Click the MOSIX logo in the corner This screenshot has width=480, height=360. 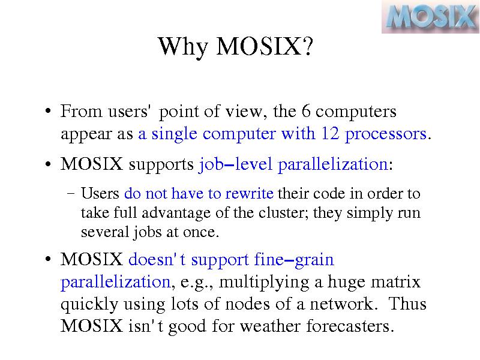pos(430,17)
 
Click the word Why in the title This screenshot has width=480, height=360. pos(183,47)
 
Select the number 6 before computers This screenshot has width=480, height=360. pos(306,111)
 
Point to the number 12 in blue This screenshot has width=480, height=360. pos(330,133)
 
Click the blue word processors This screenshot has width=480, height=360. pos(386,134)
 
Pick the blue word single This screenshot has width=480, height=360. pos(174,134)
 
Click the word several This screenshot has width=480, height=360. pos(104,232)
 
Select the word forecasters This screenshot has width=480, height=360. pos(350,326)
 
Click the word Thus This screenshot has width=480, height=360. pos(407,304)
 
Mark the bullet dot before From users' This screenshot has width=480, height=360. pos(47,111)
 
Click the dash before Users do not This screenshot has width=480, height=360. pos(71,194)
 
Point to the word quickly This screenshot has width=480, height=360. pos(89,305)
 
